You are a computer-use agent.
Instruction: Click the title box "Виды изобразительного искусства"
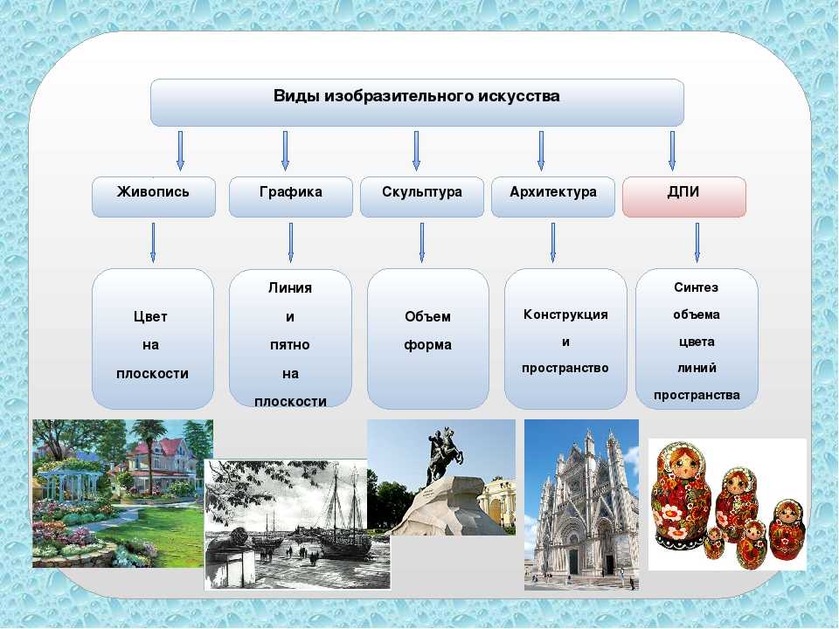tap(417, 103)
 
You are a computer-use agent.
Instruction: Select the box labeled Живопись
tap(154, 197)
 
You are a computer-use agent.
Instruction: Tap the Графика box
tap(290, 197)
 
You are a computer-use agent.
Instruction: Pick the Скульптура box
tap(421, 197)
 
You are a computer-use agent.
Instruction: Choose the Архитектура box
tap(552, 197)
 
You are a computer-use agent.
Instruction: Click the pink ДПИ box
tap(683, 197)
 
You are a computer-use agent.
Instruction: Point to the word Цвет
tap(150, 316)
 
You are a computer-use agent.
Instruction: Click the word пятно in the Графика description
tap(289, 345)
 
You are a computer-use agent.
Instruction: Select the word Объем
tap(427, 316)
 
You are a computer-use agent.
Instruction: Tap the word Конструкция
tap(565, 314)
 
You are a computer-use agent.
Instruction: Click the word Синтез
tap(697, 287)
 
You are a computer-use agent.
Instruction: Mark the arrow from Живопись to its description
tap(153, 242)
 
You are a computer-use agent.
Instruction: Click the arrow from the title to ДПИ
tap(672, 151)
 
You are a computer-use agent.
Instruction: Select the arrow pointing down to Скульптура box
tap(416, 151)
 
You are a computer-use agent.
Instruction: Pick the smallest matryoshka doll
tap(714, 543)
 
